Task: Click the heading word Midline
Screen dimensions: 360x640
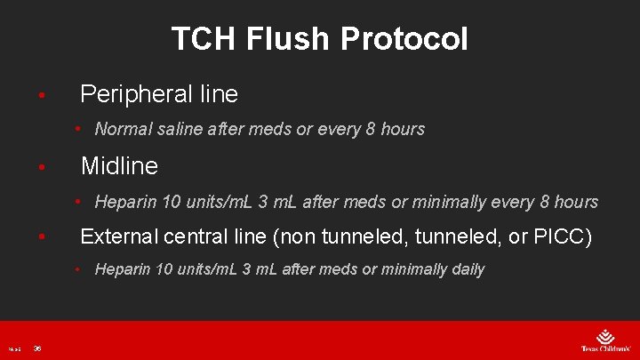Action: coord(119,165)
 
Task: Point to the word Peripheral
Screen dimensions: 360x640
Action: coord(134,93)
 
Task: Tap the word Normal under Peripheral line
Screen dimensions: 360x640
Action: coord(124,129)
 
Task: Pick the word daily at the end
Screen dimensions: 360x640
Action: coord(464,269)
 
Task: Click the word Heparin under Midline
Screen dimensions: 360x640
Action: coord(126,202)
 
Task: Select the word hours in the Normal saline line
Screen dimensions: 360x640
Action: coord(403,129)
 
